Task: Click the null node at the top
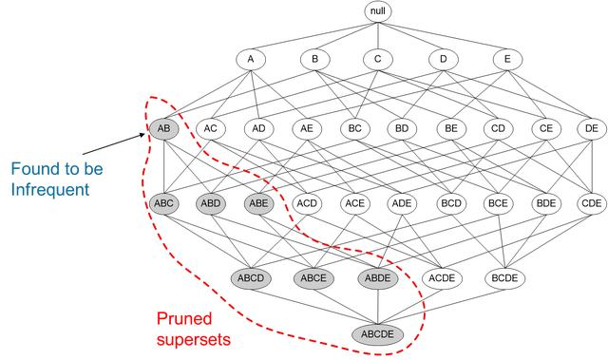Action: click(378, 11)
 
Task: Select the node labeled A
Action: click(251, 59)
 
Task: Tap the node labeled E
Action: click(507, 59)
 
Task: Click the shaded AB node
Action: click(162, 128)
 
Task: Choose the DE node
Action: click(591, 128)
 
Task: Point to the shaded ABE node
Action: click(258, 202)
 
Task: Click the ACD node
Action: click(306, 202)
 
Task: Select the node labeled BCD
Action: click(449, 202)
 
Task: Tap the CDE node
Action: click(591, 202)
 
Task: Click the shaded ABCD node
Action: click(252, 278)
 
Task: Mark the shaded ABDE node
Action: click(378, 278)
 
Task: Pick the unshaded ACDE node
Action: click(442, 278)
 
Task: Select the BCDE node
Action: click(505, 278)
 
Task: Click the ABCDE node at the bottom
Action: click(378, 333)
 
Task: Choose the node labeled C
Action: click(378, 59)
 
